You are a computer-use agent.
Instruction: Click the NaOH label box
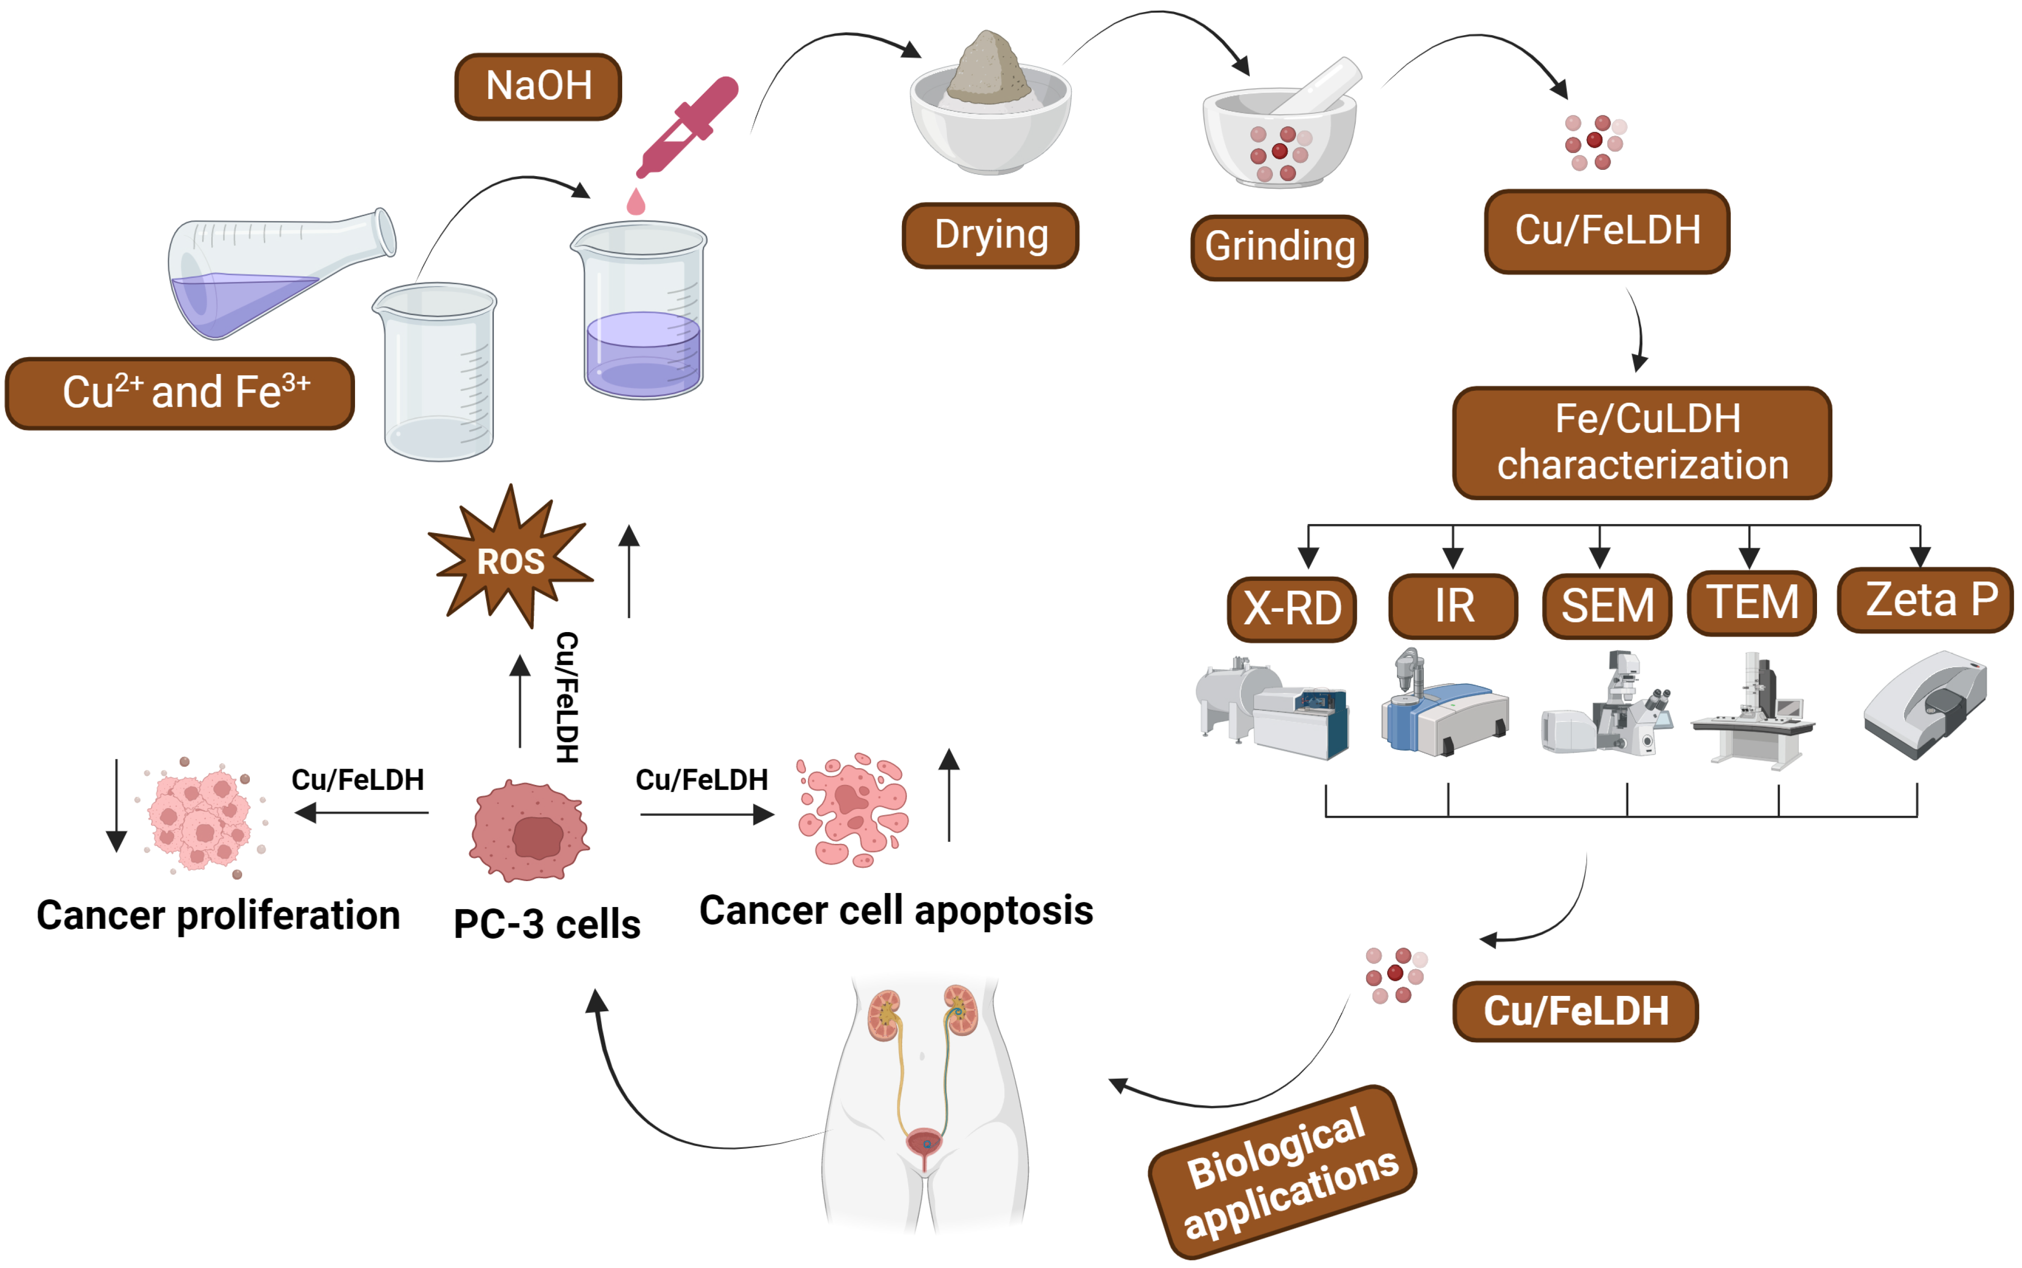(538, 86)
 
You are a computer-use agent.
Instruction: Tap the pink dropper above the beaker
(687, 126)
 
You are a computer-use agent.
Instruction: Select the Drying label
(990, 235)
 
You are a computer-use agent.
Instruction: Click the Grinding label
(1279, 247)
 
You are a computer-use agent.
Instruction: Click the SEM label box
(1607, 606)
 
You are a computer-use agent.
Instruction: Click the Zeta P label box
(1925, 600)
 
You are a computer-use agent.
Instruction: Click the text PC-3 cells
(546, 924)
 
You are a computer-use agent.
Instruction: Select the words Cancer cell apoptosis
(895, 911)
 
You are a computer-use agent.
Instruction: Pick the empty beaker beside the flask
(436, 373)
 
